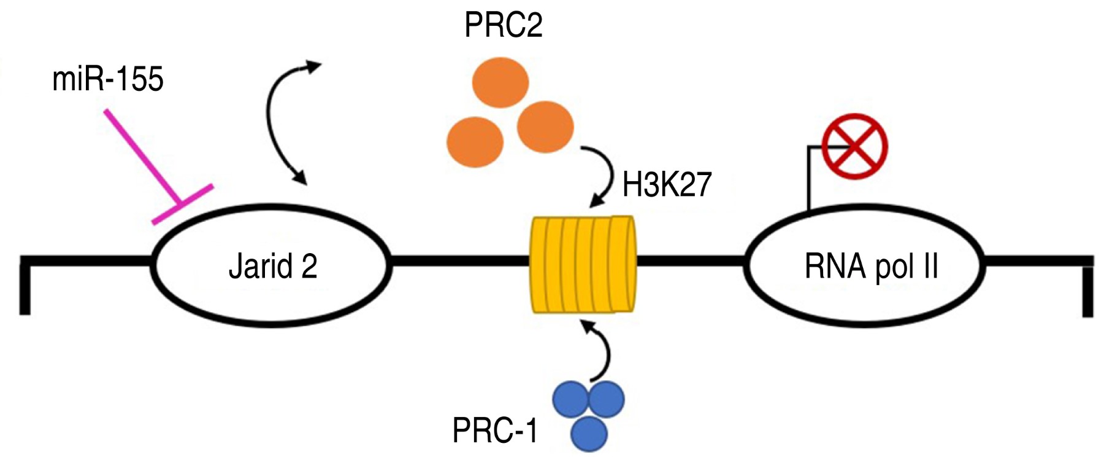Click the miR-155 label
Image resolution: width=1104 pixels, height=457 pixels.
(108, 80)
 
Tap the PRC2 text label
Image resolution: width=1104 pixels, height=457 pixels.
(503, 26)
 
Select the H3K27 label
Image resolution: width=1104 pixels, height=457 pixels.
(667, 184)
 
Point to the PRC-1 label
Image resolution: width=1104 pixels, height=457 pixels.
(494, 431)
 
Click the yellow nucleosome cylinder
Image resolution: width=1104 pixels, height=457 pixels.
(582, 265)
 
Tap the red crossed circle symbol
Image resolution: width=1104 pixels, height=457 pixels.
(854, 146)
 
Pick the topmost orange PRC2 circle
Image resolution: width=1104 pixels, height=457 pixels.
(500, 82)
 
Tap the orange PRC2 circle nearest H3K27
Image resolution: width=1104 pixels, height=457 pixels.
(545, 127)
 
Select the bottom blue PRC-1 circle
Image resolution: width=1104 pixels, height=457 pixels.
(589, 433)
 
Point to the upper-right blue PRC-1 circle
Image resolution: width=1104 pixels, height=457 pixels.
(607, 399)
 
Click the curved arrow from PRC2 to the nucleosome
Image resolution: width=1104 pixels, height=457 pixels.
(606, 174)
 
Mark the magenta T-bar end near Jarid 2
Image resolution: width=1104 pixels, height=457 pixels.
(183, 203)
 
